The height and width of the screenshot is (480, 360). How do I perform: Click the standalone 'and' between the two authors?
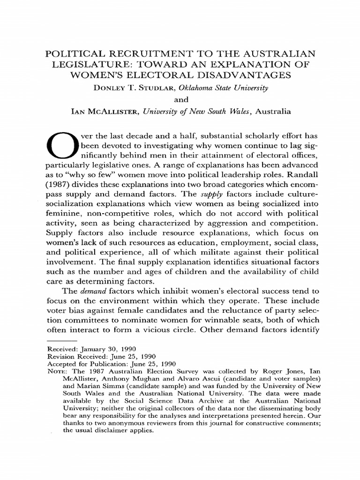[180, 100]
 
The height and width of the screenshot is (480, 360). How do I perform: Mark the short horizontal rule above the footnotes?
[62, 342]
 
